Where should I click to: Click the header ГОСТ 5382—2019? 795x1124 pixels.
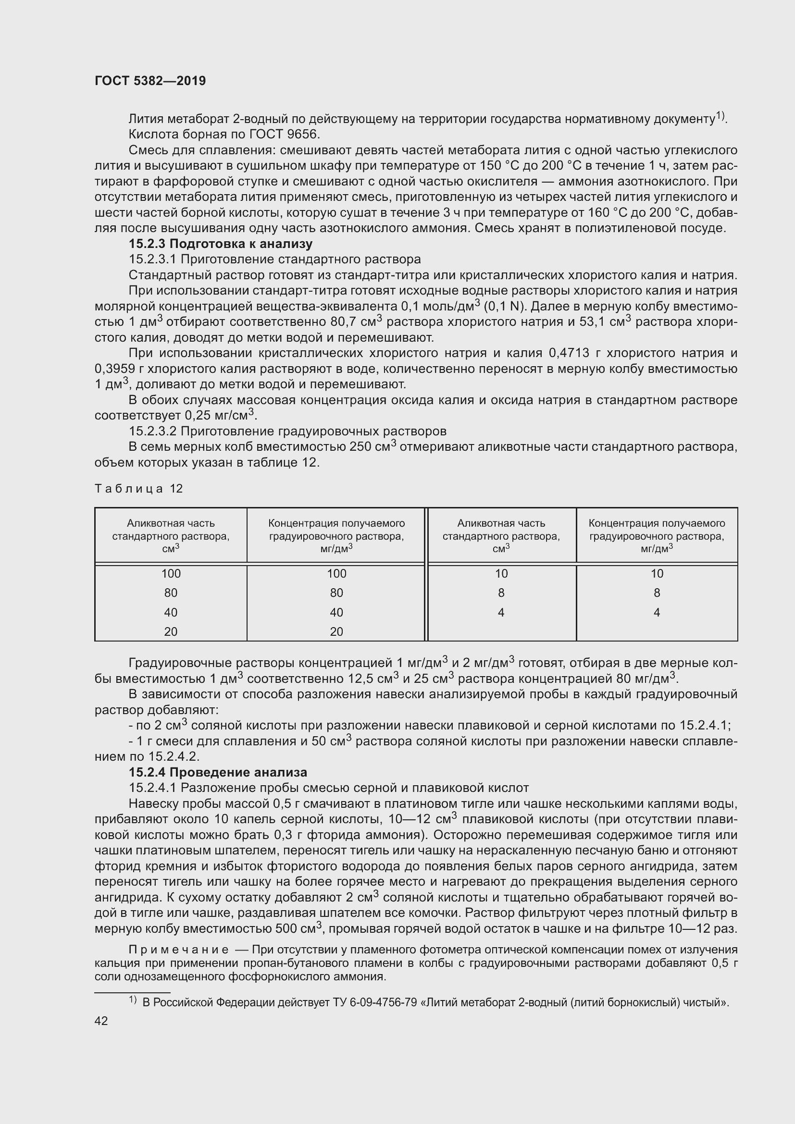150,81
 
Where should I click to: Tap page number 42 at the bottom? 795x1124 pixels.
101,1021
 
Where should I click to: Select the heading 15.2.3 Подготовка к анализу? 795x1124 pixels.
220,243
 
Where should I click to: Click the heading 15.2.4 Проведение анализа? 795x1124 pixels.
218,772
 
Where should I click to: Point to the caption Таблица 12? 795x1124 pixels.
138,488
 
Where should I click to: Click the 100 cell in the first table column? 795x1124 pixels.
171,573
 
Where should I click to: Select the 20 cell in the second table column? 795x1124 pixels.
336,631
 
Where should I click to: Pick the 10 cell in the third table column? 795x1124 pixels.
501,573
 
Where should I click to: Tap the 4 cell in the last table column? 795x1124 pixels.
657,612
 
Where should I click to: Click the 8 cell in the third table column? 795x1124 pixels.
501,593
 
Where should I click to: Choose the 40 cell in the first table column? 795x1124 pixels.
171,612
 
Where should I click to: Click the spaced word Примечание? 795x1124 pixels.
178,950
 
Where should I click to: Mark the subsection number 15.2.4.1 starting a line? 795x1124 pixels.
153,788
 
